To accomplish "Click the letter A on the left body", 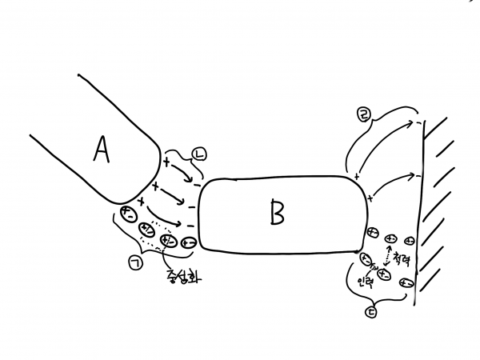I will [x=101, y=149].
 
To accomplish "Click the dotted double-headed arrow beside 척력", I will [x=390, y=258].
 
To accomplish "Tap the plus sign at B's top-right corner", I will [x=356, y=175].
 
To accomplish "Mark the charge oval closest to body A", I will [x=127, y=213].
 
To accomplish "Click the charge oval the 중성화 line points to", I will [x=168, y=239].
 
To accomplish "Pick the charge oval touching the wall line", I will [x=407, y=282].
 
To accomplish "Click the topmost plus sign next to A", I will [x=167, y=162].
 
